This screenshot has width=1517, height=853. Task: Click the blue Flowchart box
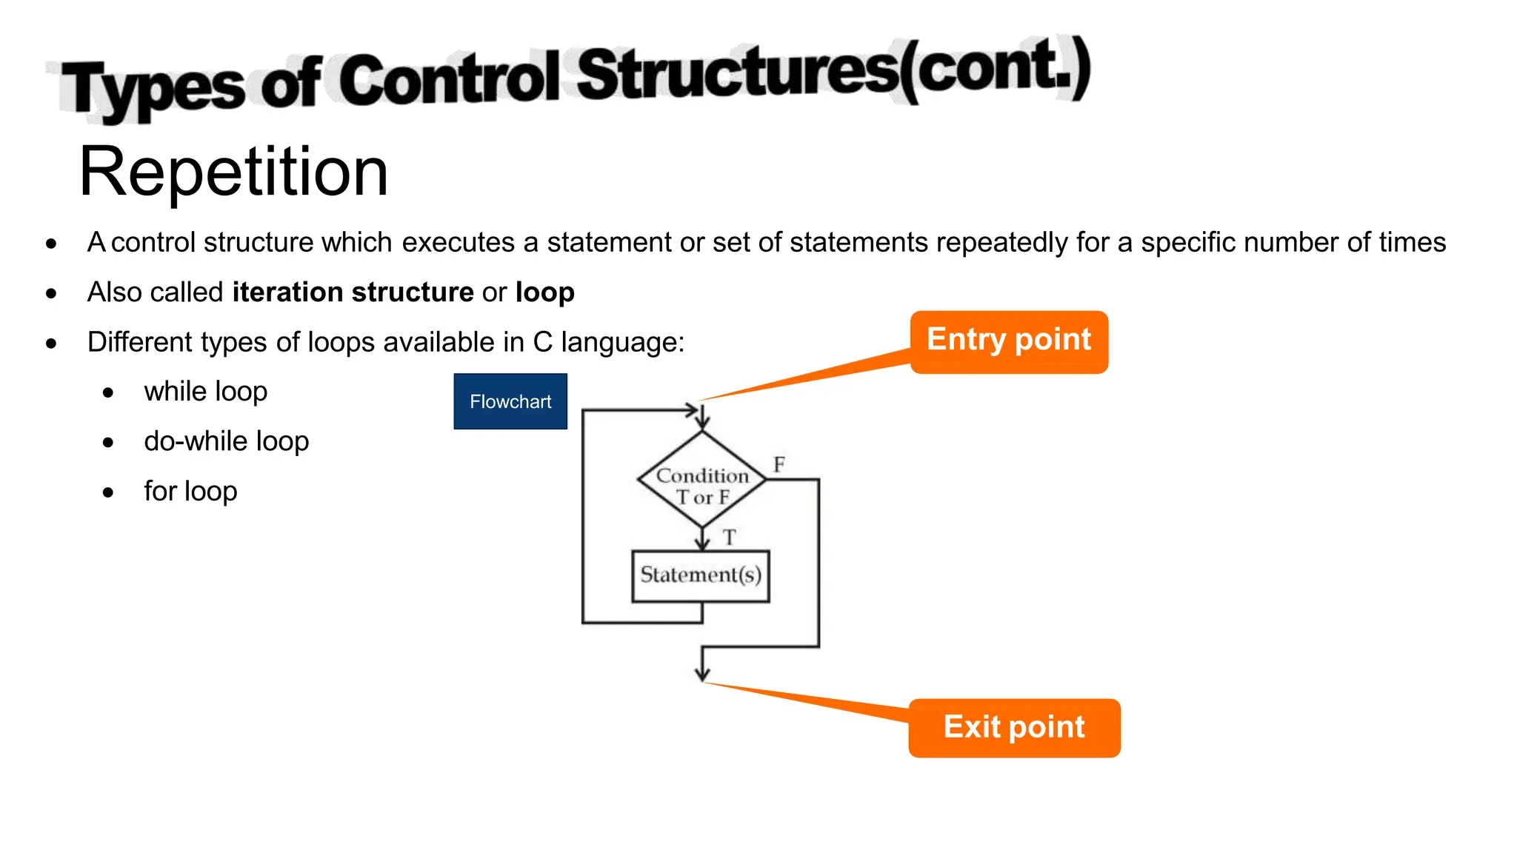click(510, 401)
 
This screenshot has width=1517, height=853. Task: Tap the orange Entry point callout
click(1009, 341)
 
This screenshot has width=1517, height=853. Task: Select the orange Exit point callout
click(1014, 727)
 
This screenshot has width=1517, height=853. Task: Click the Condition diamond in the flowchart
click(702, 480)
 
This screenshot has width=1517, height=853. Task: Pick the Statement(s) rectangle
click(701, 575)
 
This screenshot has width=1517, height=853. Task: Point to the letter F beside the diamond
click(779, 465)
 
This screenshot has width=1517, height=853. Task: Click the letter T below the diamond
click(730, 537)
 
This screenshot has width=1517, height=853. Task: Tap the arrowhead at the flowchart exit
click(702, 674)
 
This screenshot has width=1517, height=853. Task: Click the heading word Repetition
click(233, 172)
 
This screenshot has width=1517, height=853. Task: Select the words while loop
click(205, 392)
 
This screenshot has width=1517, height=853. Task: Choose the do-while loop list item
click(226, 441)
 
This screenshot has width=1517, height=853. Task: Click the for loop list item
click(190, 491)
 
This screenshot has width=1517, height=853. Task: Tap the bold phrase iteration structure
click(353, 292)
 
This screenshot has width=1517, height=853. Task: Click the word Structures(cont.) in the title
click(833, 72)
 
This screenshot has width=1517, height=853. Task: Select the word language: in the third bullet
click(622, 342)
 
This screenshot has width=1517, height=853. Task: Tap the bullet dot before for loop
click(108, 492)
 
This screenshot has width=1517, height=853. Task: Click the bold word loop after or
click(544, 292)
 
